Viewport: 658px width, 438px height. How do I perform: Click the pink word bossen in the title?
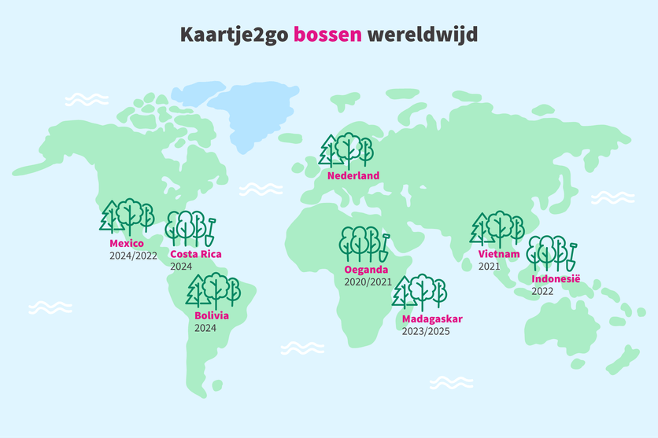point(327,35)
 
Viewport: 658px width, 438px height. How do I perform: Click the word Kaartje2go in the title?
point(234,35)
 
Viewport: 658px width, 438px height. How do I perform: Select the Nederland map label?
point(353,175)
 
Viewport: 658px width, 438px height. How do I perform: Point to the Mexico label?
point(127,244)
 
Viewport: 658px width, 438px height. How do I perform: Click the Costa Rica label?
point(196,254)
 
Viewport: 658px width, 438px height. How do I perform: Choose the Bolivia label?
point(212,315)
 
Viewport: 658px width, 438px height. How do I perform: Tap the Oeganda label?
point(366,270)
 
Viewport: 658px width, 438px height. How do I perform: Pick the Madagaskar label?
point(432,319)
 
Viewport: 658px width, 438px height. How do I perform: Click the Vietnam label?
point(499,254)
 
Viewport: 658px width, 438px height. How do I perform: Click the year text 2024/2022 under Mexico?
point(134,256)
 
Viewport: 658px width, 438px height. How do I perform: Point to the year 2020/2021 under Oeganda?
point(368,282)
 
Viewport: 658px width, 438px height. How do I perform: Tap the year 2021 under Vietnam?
point(490,267)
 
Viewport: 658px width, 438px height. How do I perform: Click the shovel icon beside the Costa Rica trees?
point(210,230)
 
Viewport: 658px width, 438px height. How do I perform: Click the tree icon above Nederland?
point(346,152)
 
